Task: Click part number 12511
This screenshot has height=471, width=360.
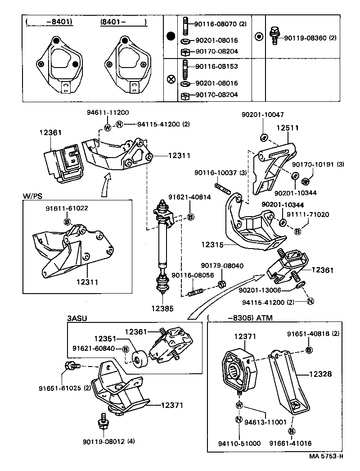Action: pos(287,128)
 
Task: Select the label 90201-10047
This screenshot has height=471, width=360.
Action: pos(268,115)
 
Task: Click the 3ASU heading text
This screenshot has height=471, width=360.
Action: pos(77,318)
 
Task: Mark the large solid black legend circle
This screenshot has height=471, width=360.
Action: pos(171,36)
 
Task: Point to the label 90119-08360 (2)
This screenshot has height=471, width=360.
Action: pos(310,38)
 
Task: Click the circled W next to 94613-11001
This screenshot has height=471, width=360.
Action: pos(239,404)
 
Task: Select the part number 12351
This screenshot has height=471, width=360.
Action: pos(105,338)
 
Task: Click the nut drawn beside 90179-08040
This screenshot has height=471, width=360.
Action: pos(221,284)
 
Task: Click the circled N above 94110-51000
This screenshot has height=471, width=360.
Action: pos(239,420)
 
